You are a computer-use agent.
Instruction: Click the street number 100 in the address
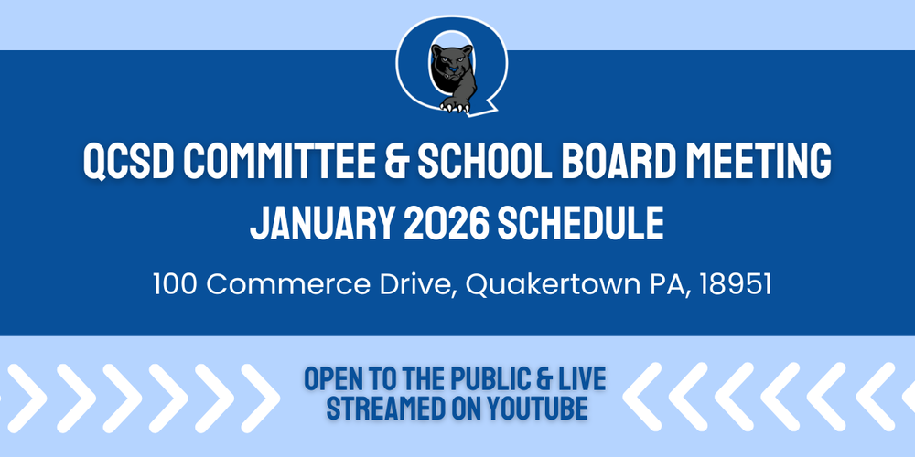point(177,284)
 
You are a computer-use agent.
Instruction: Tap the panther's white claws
point(455,106)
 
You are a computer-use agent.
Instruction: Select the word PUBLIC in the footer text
point(498,377)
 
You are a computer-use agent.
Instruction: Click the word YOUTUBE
point(530,408)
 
